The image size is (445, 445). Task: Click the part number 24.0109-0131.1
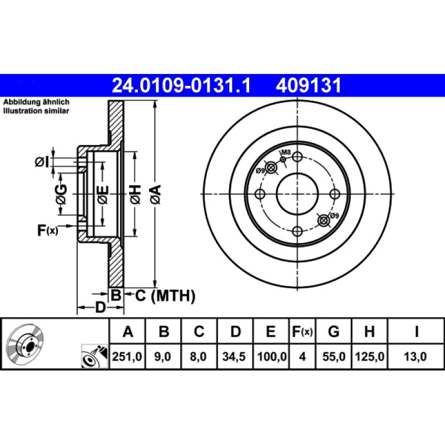pyautogui.click(x=182, y=85)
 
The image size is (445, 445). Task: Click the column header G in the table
pyautogui.click(x=333, y=332)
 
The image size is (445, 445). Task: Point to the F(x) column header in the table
pyautogui.click(x=302, y=332)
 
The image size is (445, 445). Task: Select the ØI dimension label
pyautogui.click(x=41, y=162)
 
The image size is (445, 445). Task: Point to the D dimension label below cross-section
pyautogui.click(x=100, y=307)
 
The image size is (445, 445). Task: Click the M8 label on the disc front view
pyautogui.click(x=285, y=152)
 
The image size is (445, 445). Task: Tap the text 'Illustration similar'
pyautogui.click(x=36, y=111)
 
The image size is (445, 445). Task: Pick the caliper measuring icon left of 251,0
pyautogui.click(x=93, y=356)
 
